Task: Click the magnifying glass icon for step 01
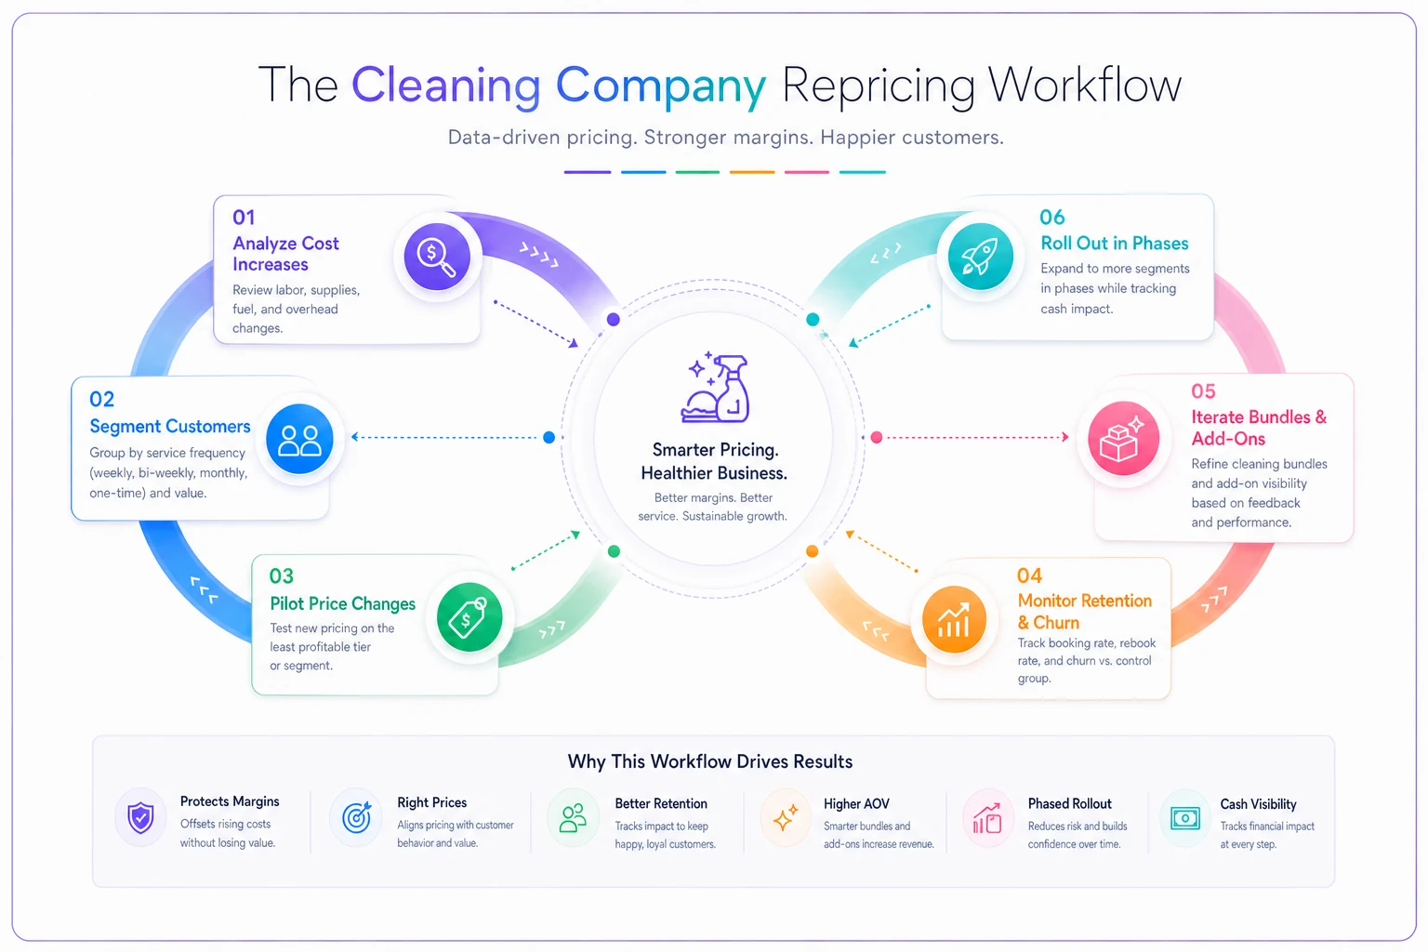tap(437, 257)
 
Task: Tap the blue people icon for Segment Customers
tap(299, 439)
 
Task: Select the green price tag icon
tap(469, 616)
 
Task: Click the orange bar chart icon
tap(954, 619)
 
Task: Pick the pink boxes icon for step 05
tap(1123, 438)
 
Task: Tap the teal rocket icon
tap(980, 257)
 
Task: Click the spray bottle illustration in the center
tap(715, 388)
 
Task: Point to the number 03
tap(281, 575)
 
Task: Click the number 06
tap(1051, 217)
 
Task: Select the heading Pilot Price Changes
tap(342, 603)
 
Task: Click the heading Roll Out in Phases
tap(1115, 243)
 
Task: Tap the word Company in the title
tap(660, 86)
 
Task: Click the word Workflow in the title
tap(1084, 85)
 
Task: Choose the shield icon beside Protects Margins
tap(140, 818)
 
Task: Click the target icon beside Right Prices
tap(356, 817)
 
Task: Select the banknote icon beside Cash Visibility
tap(1185, 817)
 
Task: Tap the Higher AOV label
tap(856, 803)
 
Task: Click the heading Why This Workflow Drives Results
tap(710, 761)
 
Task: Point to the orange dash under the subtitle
tap(752, 171)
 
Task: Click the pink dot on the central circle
tap(877, 438)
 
